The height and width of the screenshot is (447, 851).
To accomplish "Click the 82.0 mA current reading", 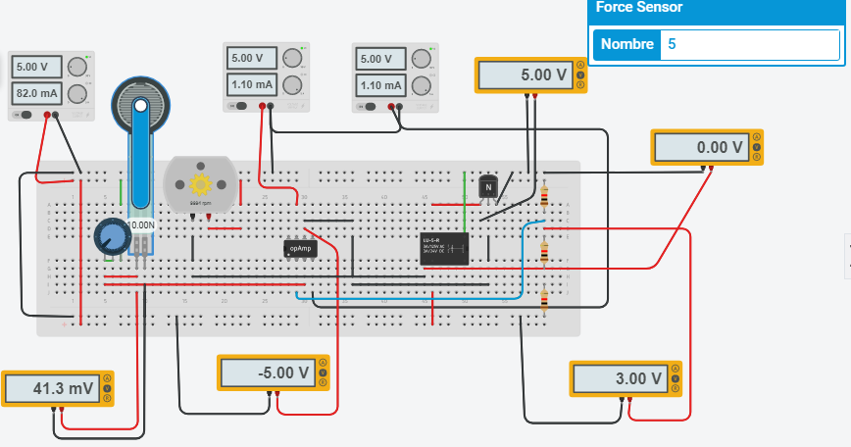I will [35, 93].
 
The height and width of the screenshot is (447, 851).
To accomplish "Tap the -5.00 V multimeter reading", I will [265, 373].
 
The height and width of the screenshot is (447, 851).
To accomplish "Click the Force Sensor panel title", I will [642, 8].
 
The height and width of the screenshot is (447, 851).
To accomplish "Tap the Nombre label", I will [626, 44].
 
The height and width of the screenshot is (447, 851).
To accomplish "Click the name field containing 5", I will [749, 44].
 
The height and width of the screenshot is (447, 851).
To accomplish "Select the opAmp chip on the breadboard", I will [299, 249].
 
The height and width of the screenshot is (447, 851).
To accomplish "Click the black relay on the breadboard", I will [442, 247].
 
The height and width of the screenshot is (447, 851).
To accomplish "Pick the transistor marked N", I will [487, 186].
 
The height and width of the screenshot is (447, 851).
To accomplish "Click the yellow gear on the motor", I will [202, 183].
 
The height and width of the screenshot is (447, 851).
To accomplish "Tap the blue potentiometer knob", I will [112, 235].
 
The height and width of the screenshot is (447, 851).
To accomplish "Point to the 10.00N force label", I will [142, 224].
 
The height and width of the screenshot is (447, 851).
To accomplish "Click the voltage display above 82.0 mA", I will [35, 67].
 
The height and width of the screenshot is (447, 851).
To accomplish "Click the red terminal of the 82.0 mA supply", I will [43, 116].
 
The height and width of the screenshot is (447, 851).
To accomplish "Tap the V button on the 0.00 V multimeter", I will [757, 147].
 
